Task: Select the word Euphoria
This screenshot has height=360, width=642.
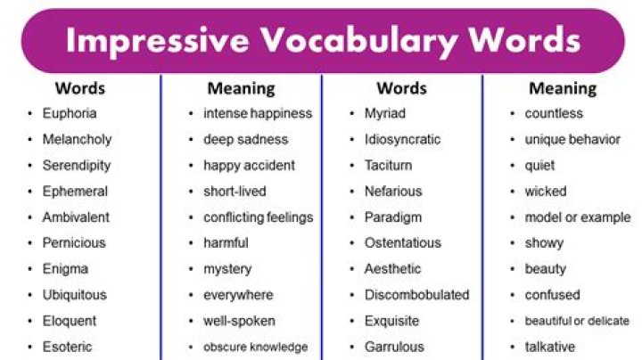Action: click(x=70, y=113)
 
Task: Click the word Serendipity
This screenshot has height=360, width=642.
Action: click(x=77, y=165)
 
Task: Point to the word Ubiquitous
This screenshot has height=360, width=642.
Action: click(x=74, y=294)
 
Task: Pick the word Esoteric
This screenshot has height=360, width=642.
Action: click(x=67, y=346)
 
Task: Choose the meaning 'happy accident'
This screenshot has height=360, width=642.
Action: click(x=249, y=165)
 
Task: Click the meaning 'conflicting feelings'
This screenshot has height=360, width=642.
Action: click(x=258, y=217)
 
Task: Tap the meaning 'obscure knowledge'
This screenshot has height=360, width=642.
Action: click(x=255, y=347)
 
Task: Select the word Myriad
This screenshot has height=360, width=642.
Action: click(x=384, y=113)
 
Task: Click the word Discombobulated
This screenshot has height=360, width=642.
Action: click(x=416, y=294)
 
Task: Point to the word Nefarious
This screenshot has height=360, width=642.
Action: click(x=393, y=191)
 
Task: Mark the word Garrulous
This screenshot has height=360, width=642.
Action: click(x=394, y=346)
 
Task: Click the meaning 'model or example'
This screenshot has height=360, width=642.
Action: click(x=578, y=217)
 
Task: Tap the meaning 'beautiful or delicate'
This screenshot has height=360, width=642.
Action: click(x=577, y=321)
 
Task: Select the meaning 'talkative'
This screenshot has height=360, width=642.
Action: click(x=550, y=346)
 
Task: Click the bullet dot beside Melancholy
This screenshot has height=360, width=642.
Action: click(x=30, y=140)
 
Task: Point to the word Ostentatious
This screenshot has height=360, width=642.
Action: click(x=402, y=242)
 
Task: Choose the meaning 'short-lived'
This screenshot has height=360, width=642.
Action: click(x=235, y=191)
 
